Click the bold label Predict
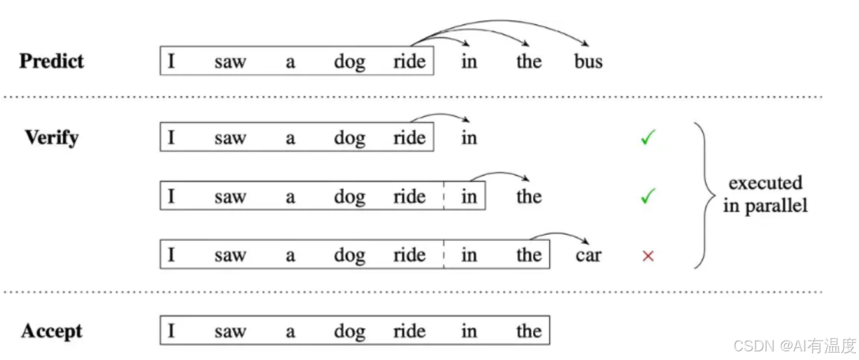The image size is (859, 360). tap(52, 61)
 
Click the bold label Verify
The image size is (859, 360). tap(52, 138)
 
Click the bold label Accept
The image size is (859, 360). tap(52, 331)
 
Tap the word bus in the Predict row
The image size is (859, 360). tap(588, 62)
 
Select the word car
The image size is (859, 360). tap(588, 256)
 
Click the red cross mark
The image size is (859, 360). tap(648, 256)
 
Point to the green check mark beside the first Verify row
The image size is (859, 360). tap(648, 138)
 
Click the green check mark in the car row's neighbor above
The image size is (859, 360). tap(648, 196)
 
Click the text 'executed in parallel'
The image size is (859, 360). tap(765, 194)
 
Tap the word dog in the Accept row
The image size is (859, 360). tap(349, 331)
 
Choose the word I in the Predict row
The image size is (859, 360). tap(171, 62)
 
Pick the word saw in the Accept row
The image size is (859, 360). tap(230, 331)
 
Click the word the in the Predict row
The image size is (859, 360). tap(529, 62)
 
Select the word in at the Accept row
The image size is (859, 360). tap(469, 331)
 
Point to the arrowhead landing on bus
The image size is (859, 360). tap(588, 45)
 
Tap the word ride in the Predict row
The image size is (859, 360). tap(409, 62)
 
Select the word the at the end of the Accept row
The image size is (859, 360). tap(529, 331)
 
